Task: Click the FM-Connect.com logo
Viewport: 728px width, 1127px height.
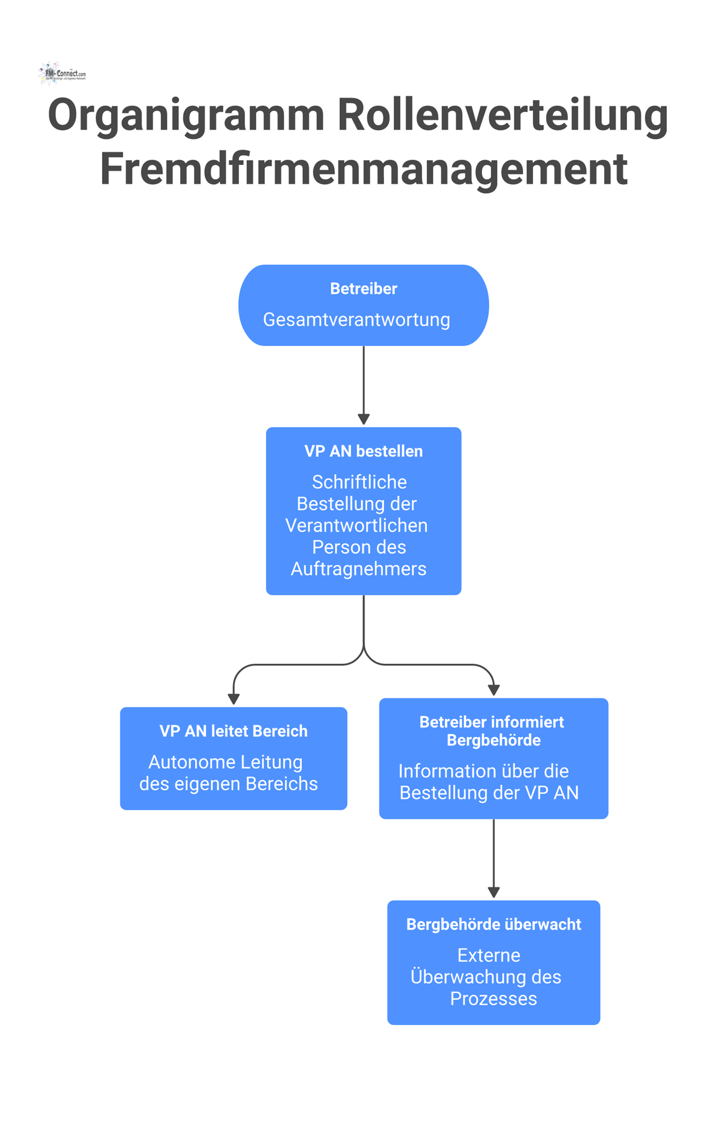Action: pyautogui.click(x=62, y=73)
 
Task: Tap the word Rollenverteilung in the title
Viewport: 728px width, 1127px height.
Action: pyautogui.click(x=503, y=114)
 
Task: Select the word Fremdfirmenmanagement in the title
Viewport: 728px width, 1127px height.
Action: pyautogui.click(x=363, y=169)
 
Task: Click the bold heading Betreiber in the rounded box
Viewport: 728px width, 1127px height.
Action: pyautogui.click(x=363, y=289)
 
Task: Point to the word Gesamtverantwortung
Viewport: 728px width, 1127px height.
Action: pyautogui.click(x=356, y=320)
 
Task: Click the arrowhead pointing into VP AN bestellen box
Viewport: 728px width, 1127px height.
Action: pyautogui.click(x=363, y=419)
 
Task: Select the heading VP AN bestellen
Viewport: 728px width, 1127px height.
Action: pyautogui.click(x=363, y=451)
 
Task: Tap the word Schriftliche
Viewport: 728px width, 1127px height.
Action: pyautogui.click(x=359, y=482)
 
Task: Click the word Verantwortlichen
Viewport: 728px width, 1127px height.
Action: pyautogui.click(x=356, y=525)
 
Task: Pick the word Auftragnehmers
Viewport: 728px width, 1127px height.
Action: pyautogui.click(x=359, y=569)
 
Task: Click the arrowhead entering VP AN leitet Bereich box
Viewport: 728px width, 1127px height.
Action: pyautogui.click(x=234, y=699)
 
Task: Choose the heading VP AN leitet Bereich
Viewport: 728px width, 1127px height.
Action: pyautogui.click(x=234, y=731)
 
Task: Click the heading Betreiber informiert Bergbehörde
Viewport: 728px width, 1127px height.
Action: pyautogui.click(x=493, y=731)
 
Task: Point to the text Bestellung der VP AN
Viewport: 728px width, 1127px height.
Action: pyautogui.click(x=489, y=793)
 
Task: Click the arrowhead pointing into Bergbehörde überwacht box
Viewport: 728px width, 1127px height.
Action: pyautogui.click(x=494, y=892)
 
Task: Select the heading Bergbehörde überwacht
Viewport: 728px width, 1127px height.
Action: pyautogui.click(x=494, y=924)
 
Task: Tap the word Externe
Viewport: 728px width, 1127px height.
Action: pyautogui.click(x=488, y=956)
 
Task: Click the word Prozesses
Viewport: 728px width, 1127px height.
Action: pyautogui.click(x=493, y=999)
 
